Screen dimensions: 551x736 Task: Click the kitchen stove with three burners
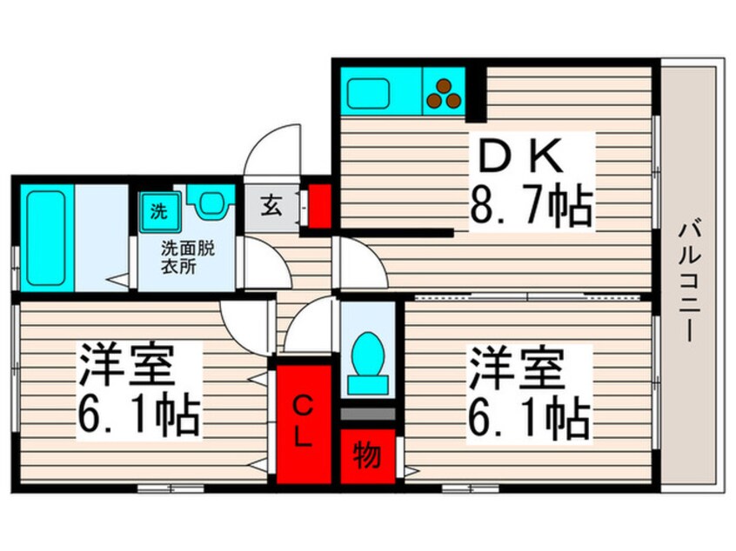point(445,92)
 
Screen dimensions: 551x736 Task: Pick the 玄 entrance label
point(271,209)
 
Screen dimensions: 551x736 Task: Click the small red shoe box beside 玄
point(320,205)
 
